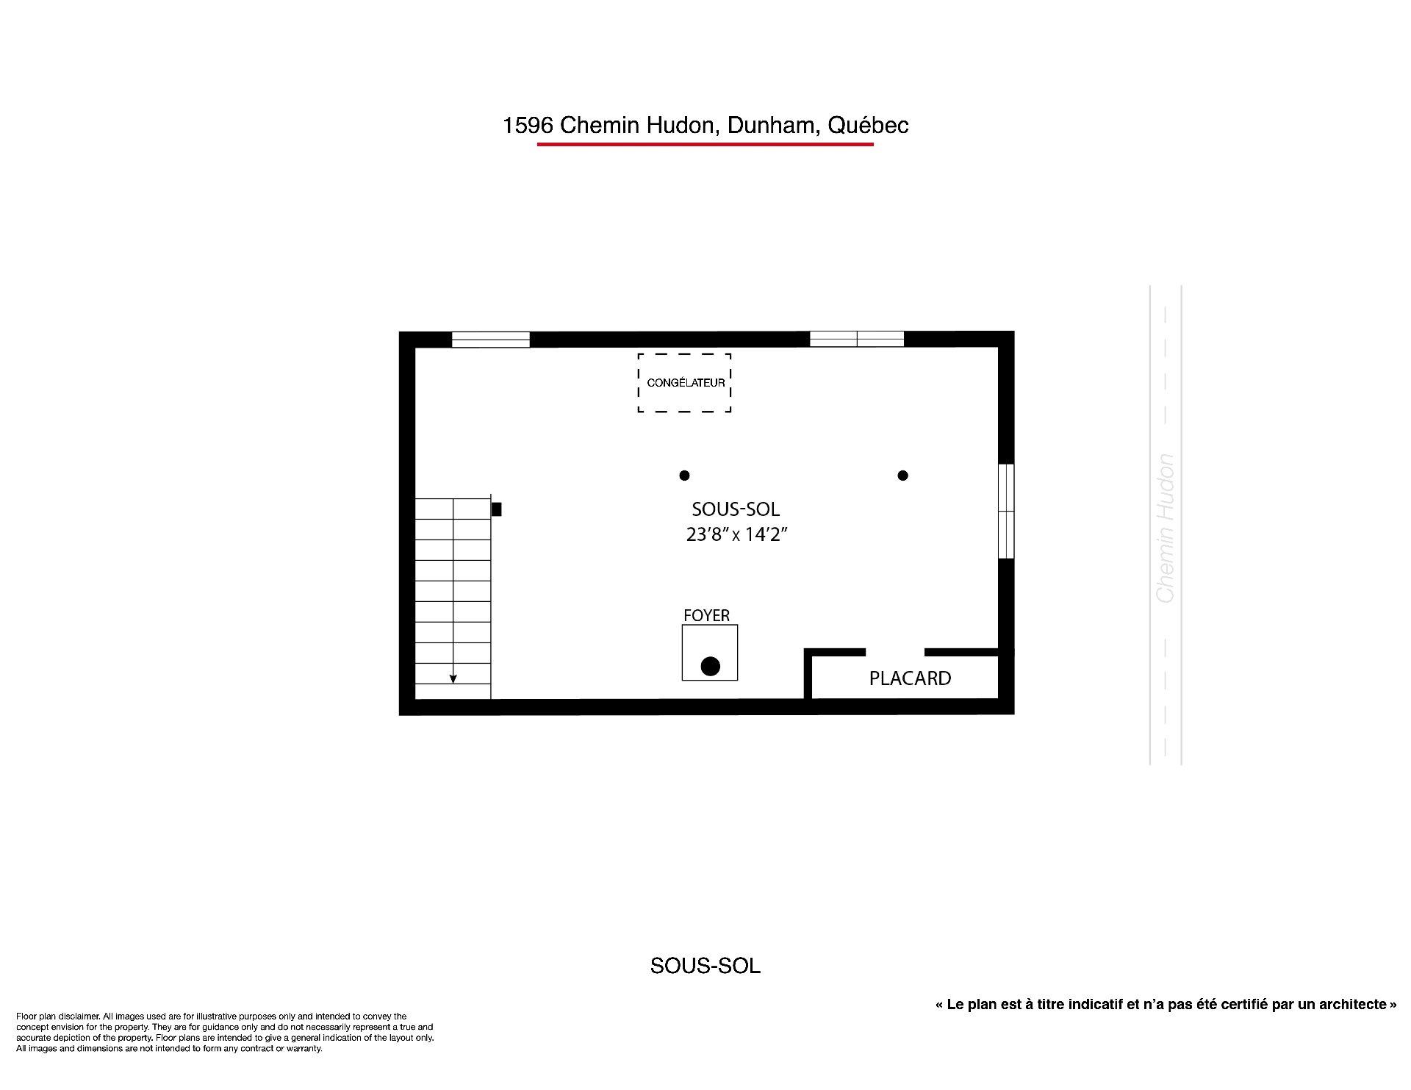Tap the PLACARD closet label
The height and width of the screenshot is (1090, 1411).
[910, 678]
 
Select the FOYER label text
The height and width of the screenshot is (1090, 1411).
[706, 616]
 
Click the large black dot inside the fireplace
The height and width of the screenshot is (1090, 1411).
[710, 667]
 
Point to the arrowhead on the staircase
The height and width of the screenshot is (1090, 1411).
[453, 678]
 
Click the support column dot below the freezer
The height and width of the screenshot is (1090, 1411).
[684, 476]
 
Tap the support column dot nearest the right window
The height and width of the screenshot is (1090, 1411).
[902, 476]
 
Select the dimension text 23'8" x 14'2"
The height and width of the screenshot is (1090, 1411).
[736, 534]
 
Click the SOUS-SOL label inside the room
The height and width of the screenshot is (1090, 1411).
[736, 509]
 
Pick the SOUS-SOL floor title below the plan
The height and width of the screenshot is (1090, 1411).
[705, 966]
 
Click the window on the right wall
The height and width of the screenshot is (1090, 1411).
[1006, 511]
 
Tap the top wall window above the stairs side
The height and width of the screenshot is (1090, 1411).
[490, 340]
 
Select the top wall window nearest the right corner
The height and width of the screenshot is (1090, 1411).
[857, 339]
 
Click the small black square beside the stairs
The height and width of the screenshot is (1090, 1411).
[496, 509]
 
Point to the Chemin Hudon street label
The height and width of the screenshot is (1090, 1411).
[1166, 528]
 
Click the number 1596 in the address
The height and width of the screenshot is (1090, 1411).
[528, 126]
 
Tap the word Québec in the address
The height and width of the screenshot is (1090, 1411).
[868, 126]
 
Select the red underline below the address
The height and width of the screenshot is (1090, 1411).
[705, 144]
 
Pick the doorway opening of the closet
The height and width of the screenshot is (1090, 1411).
[894, 652]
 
